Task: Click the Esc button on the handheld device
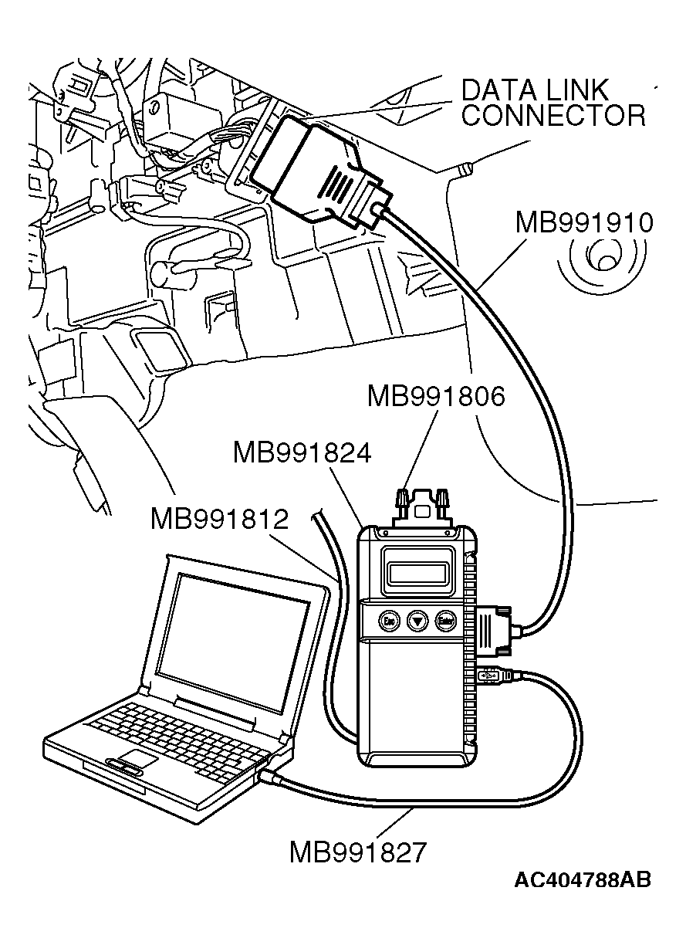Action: point(389,620)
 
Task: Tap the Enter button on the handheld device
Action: point(444,620)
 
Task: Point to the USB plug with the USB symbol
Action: point(492,676)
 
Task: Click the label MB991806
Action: point(436,397)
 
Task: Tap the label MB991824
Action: point(302,453)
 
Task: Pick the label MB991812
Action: point(220,518)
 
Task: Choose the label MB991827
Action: point(357,852)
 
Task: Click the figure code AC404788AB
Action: point(583,880)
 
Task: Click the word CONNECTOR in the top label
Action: point(553,116)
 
